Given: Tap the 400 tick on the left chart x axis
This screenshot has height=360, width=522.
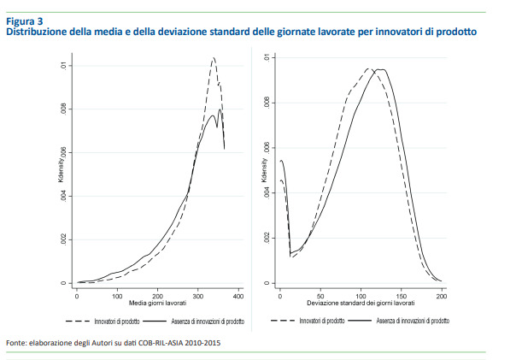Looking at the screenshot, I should point(238,296).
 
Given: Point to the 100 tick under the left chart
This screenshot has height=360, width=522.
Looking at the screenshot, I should point(117,296).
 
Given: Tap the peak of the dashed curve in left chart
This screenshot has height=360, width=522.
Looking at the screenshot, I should point(213,58).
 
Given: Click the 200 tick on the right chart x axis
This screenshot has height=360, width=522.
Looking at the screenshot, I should point(442,296).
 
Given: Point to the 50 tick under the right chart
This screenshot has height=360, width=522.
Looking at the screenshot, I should point(320,296).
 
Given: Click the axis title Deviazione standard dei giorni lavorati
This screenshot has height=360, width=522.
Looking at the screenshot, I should point(360,304).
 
